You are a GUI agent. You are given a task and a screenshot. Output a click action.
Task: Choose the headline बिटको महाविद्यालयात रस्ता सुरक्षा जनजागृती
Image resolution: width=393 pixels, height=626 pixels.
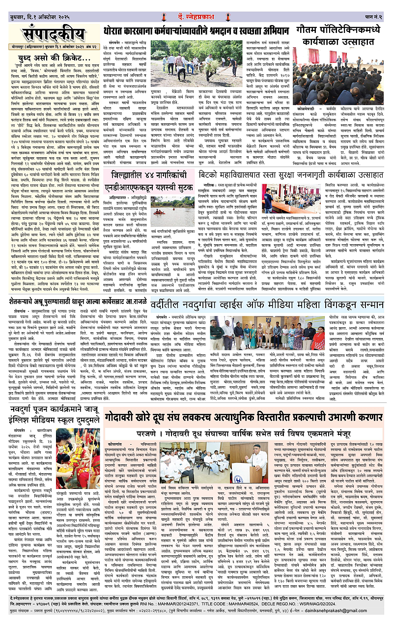point(300,161)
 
